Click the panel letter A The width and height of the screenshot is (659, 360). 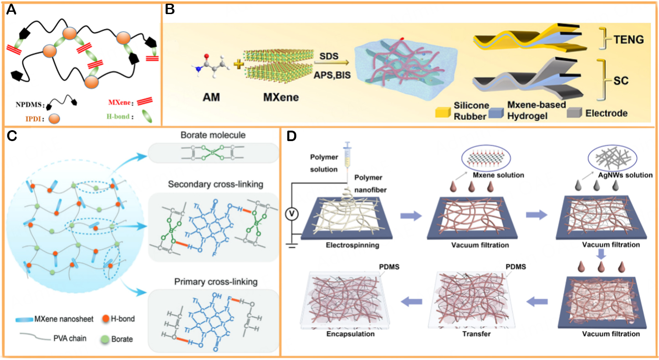(x=11, y=10)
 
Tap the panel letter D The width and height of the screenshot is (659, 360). (x=291, y=136)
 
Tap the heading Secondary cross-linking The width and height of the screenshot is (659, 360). (x=213, y=185)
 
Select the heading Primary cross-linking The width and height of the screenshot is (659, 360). (x=213, y=282)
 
